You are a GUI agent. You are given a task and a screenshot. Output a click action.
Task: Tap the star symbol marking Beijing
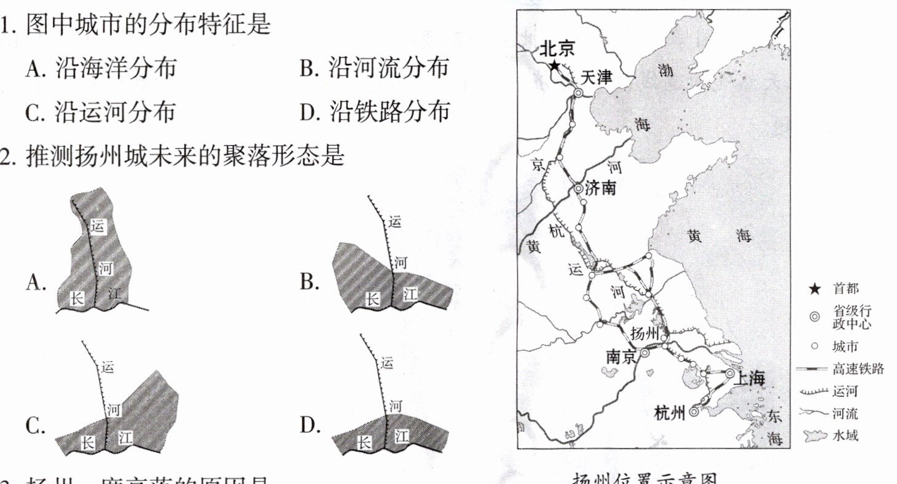coord(555,66)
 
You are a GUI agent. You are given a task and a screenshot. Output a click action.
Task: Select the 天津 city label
coord(597,78)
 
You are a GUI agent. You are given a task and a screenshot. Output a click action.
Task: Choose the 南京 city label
coord(621,356)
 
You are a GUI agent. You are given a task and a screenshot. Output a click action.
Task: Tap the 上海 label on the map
coord(750,378)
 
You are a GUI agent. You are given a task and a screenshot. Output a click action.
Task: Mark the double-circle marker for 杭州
coord(694,413)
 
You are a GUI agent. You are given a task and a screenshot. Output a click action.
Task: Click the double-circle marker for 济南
coord(578,189)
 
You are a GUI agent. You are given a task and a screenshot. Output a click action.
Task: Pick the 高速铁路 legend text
coord(858,369)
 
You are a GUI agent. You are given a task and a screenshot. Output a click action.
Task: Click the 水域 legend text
coord(845,436)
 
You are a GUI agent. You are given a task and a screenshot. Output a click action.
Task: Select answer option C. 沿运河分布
coord(100,112)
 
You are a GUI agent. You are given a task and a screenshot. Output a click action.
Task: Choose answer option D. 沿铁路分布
coord(374,112)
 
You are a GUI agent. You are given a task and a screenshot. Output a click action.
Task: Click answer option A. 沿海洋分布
coord(100,68)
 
